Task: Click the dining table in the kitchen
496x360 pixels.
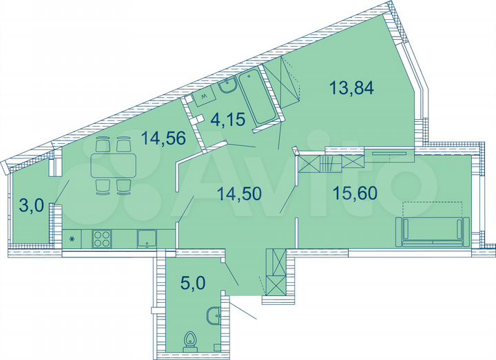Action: coord(113,165)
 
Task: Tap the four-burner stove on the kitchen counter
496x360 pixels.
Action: coord(102,239)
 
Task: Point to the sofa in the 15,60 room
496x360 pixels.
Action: coord(433,231)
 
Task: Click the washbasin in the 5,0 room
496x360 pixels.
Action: coord(214,316)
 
